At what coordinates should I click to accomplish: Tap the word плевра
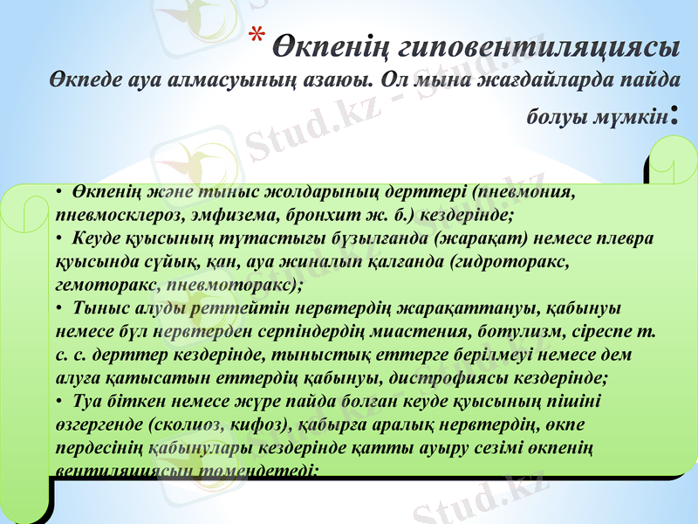pos(630,237)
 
